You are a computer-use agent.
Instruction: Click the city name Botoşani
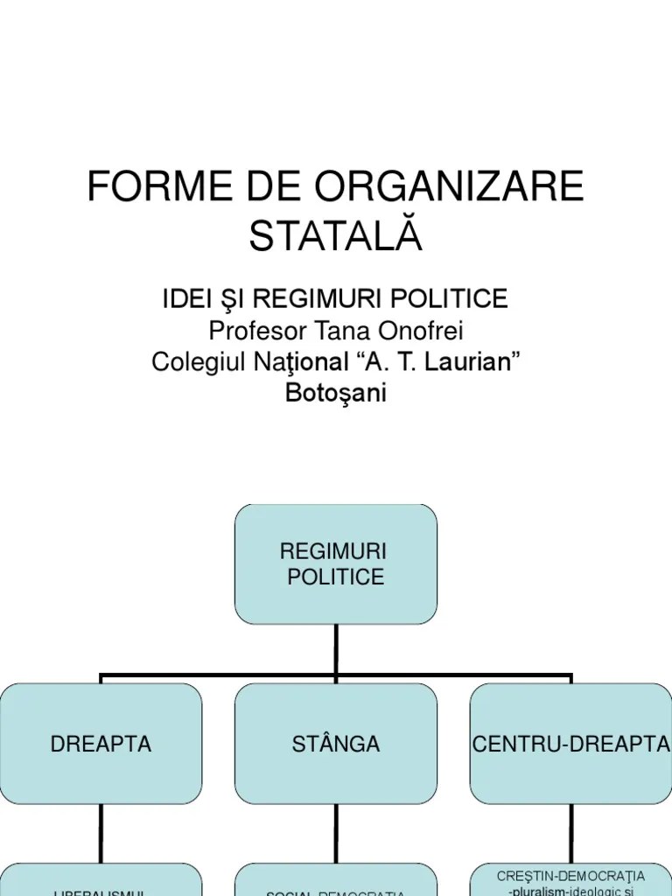tap(336, 393)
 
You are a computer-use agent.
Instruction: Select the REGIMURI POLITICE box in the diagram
tap(336, 564)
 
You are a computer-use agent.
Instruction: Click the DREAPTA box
tap(101, 744)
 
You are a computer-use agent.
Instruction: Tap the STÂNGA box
tap(336, 744)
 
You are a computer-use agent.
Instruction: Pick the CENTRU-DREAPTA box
tap(570, 744)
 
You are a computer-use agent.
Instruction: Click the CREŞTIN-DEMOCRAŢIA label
tap(570, 876)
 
